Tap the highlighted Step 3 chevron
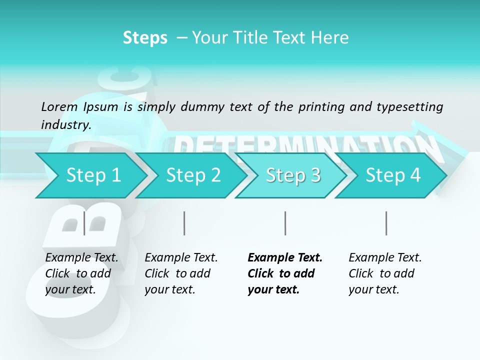pos(293,175)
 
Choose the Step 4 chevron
pos(393,175)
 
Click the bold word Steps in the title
pos(145,38)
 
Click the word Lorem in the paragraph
pos(59,106)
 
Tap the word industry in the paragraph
pos(65,124)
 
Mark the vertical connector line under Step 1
pos(84,223)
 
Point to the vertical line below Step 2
pos(184,223)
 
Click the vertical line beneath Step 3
pos(285,223)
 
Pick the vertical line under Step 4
pos(386,223)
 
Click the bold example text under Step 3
pos(284,273)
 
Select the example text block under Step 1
pos(81,273)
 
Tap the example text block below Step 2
pos(180,273)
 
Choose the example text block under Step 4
pos(384,273)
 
